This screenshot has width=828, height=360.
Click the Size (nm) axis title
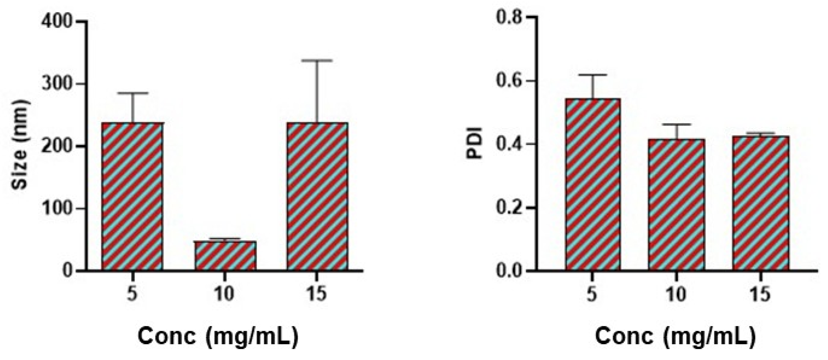[20, 145]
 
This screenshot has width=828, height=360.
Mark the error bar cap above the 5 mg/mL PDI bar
[593, 75]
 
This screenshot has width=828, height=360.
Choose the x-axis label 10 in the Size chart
[225, 295]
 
